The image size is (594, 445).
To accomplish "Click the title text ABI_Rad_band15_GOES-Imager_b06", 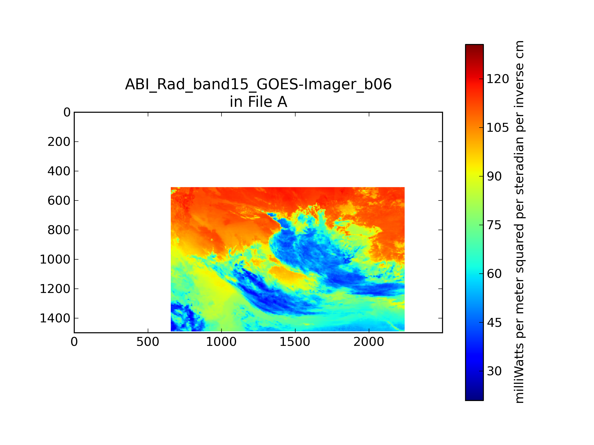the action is click(x=258, y=85).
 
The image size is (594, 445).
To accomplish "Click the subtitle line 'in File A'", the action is click(x=258, y=102).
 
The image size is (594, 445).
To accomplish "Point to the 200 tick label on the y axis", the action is click(x=59, y=142).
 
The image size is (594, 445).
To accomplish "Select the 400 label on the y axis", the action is click(x=59, y=171).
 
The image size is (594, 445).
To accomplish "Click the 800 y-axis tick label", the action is click(x=59, y=230).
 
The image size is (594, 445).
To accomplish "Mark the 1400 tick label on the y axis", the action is click(x=55, y=318).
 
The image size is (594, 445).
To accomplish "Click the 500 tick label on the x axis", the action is click(x=148, y=342).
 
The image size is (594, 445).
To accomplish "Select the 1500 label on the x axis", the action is click(x=295, y=342).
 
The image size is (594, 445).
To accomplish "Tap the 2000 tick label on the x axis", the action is click(x=369, y=342).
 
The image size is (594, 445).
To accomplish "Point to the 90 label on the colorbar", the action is click(x=494, y=177).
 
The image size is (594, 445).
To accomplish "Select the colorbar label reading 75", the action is click(x=494, y=225).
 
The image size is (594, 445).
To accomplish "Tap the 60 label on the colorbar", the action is click(x=494, y=274).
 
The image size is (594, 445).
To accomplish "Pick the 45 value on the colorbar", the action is click(x=494, y=322).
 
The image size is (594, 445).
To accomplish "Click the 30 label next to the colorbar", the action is click(x=494, y=371).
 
